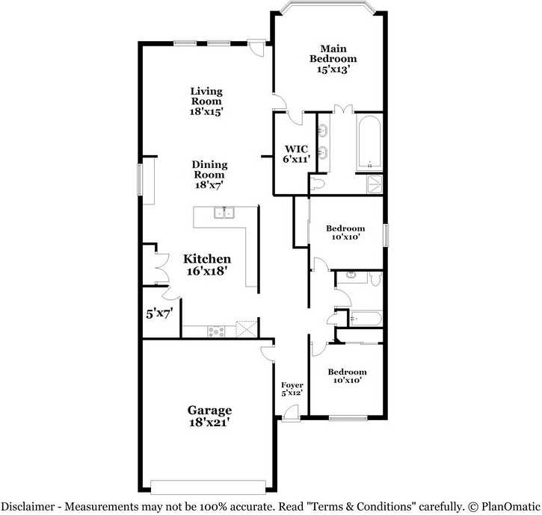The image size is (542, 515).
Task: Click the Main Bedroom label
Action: (x=333, y=59)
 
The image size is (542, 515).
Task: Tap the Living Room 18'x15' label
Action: (x=206, y=102)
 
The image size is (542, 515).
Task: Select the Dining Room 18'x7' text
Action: (x=209, y=175)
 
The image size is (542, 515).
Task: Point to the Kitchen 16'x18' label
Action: (x=207, y=265)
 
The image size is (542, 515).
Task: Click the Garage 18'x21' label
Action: (x=209, y=416)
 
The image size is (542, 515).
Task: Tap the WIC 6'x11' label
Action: (x=296, y=154)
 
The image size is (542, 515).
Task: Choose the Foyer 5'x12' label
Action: (x=292, y=389)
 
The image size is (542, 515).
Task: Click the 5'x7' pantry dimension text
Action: (x=159, y=313)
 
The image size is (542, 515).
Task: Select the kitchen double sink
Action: (x=224, y=212)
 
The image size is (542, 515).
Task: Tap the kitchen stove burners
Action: (x=216, y=331)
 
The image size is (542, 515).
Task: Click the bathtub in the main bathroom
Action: (x=369, y=143)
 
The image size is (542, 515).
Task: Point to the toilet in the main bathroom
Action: (x=317, y=184)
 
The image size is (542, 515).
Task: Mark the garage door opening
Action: (x=208, y=487)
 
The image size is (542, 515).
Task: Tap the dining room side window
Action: (x=140, y=179)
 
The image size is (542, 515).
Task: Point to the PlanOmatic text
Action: (x=511, y=506)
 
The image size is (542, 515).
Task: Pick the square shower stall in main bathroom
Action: (x=375, y=184)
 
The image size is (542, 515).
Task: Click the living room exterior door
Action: (x=256, y=48)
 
